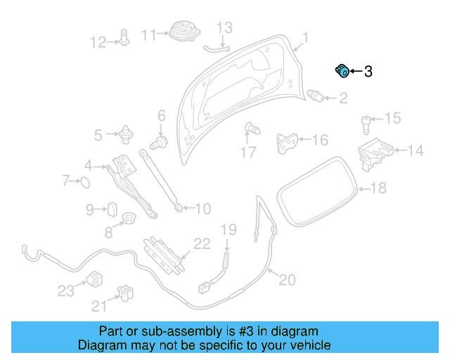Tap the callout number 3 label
[368, 72]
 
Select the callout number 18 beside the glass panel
[378, 188]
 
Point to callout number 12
[97, 42]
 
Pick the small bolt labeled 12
[124, 39]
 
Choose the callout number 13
[224, 28]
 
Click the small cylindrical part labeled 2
[317, 96]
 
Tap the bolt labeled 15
[366, 124]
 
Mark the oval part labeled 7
[83, 182]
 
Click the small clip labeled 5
[127, 132]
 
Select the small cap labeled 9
[112, 209]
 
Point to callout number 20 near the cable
[287, 280]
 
